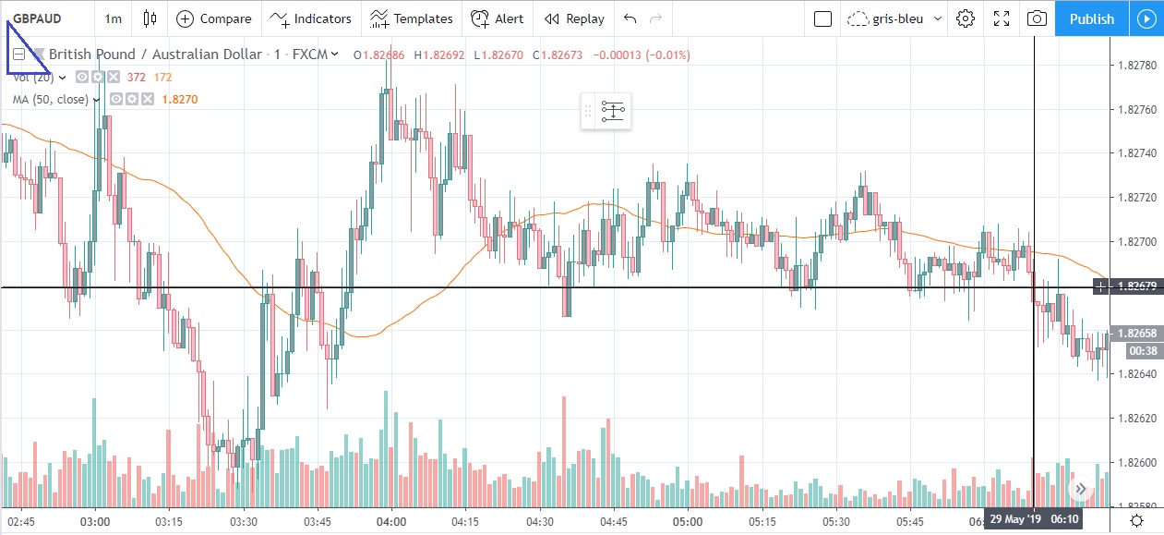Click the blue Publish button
pos(1091,18)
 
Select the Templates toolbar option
pos(412,18)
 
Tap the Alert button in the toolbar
pos(497,18)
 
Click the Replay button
pos(574,18)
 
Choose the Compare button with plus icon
pos(213,18)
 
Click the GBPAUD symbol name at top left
pos(37,18)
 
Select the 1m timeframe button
pos(113,18)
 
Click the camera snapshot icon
pos(1037,18)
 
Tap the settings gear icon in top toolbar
pos(966,18)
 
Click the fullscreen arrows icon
pos(1002,18)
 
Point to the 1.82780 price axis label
pos(1136,66)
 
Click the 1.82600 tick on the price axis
pos(1136,462)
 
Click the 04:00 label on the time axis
pos(391,521)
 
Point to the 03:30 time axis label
pos(244,521)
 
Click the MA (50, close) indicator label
pos(51,100)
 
